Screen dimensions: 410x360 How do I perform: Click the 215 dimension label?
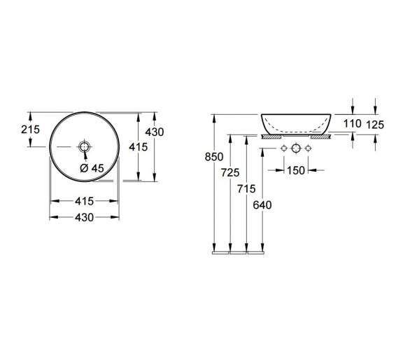(x=30, y=130)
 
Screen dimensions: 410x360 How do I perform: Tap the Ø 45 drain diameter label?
(x=92, y=168)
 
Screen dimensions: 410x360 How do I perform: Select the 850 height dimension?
(x=214, y=157)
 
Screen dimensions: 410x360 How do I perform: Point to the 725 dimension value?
(x=230, y=172)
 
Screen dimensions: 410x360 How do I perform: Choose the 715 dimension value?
(x=246, y=188)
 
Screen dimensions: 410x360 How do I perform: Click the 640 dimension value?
(x=262, y=205)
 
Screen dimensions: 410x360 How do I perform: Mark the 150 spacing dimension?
(x=296, y=170)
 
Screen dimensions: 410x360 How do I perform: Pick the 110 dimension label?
(x=353, y=123)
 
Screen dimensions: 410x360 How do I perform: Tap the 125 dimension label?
(x=375, y=125)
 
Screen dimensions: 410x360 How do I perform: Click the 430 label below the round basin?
(x=84, y=217)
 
